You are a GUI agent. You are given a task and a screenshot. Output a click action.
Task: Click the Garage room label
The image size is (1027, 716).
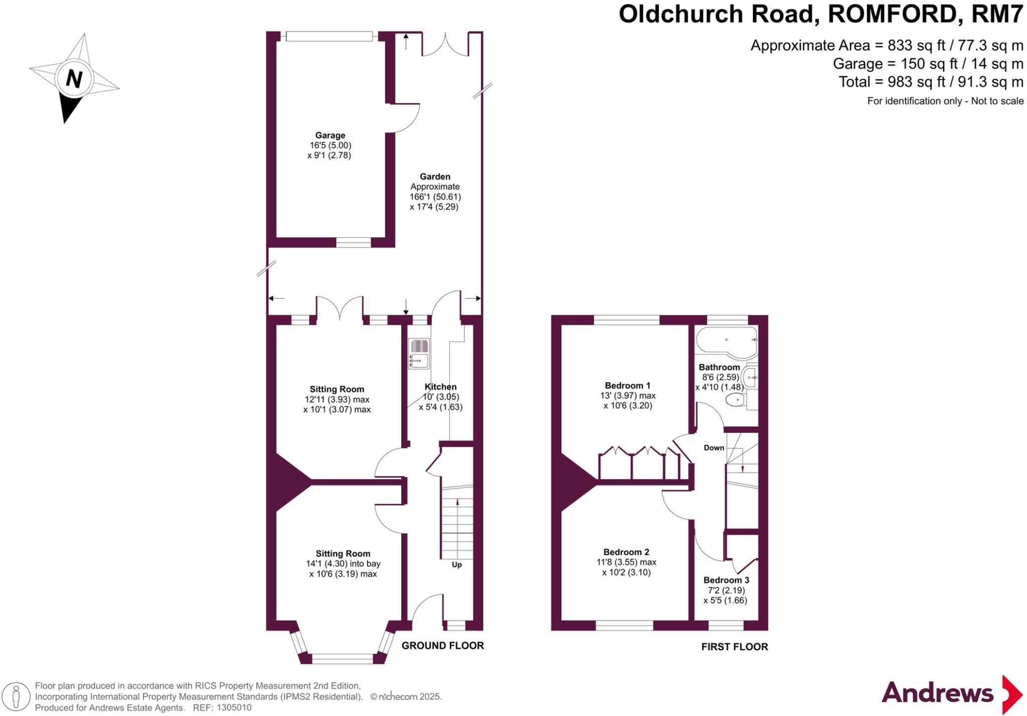click(330, 135)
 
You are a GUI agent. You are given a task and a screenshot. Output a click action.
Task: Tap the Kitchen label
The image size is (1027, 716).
click(440, 387)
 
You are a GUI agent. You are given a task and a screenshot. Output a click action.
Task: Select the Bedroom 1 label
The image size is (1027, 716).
click(627, 385)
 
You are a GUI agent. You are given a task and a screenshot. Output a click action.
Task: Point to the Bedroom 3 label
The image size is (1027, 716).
click(726, 580)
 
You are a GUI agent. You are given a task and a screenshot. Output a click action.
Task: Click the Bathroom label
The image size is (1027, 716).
click(719, 367)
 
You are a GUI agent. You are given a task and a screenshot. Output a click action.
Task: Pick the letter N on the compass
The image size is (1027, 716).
click(74, 79)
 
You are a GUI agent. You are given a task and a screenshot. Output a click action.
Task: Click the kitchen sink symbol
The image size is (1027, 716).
click(419, 354)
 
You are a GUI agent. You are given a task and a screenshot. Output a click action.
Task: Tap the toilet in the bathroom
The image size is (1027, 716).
click(736, 400)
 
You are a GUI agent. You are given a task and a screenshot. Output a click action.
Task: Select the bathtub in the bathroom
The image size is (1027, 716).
click(726, 341)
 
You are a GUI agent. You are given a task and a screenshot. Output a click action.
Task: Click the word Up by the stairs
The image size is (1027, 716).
click(456, 564)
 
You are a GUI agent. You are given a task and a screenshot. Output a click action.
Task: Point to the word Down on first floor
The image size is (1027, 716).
click(714, 448)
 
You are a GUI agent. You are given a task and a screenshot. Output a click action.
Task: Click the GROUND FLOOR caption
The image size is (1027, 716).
click(442, 646)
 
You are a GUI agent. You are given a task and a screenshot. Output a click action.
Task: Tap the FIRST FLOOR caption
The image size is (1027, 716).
click(734, 647)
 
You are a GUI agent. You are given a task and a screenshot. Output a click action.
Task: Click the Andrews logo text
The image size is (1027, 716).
click(937, 693)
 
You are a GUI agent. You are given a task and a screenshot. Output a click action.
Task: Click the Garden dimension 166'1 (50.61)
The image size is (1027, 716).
click(435, 197)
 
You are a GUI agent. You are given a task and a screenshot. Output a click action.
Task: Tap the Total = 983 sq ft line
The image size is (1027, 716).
click(931, 82)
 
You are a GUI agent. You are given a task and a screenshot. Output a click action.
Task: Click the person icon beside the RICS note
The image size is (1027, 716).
click(16, 696)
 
